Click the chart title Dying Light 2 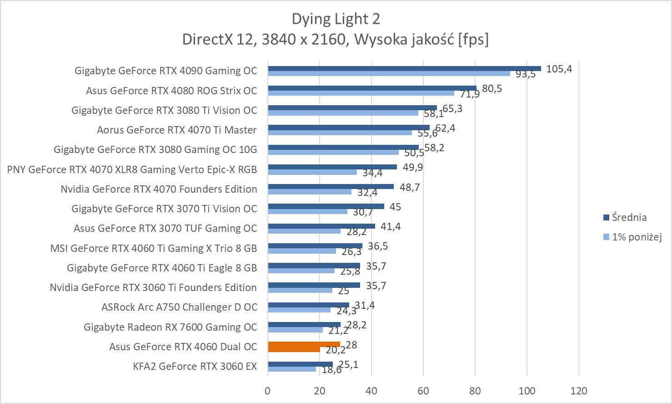pos(336,19)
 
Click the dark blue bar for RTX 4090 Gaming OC pos(404,68)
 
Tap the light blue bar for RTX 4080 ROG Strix pos(361,93)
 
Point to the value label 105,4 pos(559,69)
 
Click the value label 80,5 pos(492,89)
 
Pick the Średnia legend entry pos(629,218)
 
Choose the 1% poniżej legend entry pos(636,237)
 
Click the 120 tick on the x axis pos(578,391)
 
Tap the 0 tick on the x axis pos(268,391)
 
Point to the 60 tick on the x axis pos(423,391)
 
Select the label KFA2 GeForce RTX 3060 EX pos(195,367)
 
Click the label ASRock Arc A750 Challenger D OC pos(179,307)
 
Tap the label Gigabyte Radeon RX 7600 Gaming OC pos(170,327)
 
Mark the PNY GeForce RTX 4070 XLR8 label pos(132,169)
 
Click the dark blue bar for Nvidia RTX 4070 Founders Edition pos(331,186)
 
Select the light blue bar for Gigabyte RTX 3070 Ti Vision pos(307,211)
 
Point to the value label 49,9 pos(413,168)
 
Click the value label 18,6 pos(331,370)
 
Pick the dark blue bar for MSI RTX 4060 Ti pos(315,245)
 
